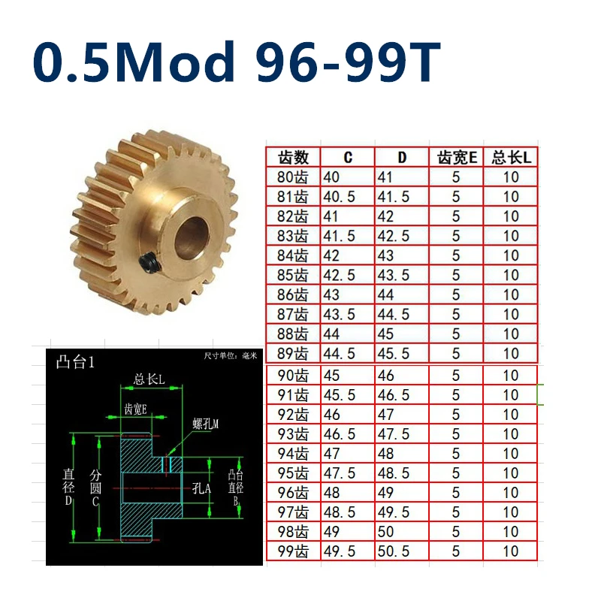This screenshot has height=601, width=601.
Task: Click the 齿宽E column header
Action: [457, 158]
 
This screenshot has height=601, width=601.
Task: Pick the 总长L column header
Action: [512, 158]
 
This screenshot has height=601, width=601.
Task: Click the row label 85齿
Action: [292, 275]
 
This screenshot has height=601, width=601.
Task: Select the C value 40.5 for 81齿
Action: [340, 197]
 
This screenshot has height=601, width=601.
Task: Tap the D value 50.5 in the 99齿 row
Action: [394, 551]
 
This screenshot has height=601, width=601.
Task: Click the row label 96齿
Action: [293, 493]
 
